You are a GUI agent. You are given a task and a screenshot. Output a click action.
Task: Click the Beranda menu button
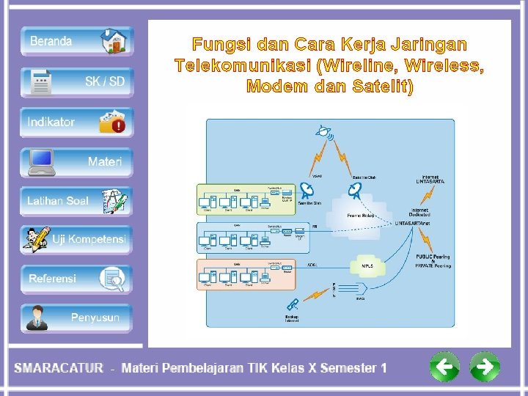[76, 41]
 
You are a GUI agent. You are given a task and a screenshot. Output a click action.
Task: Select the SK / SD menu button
[76, 81]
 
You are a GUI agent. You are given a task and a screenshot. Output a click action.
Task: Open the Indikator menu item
[76, 122]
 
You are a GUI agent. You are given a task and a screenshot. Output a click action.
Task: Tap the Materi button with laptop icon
[76, 161]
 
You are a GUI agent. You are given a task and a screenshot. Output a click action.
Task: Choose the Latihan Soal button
[76, 200]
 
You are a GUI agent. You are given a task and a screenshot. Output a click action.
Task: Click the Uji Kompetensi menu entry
[76, 239]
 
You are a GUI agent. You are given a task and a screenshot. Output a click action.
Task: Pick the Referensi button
[76, 278]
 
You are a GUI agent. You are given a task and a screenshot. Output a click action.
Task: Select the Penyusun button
[76, 318]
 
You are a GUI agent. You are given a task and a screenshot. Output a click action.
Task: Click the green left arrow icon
[445, 366]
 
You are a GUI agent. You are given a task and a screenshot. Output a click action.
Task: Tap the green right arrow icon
[484, 366]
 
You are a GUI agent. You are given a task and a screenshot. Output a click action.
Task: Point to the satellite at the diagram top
[323, 133]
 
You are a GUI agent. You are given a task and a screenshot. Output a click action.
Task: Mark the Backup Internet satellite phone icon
[293, 304]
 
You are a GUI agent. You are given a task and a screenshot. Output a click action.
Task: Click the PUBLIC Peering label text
[433, 257]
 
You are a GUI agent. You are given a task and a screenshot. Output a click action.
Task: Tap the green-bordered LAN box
[246, 199]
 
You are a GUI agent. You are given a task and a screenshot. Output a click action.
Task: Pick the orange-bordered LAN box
[246, 274]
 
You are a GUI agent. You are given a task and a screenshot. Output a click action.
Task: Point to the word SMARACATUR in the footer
[59, 368]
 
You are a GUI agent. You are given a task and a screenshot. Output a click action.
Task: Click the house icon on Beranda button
[114, 41]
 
